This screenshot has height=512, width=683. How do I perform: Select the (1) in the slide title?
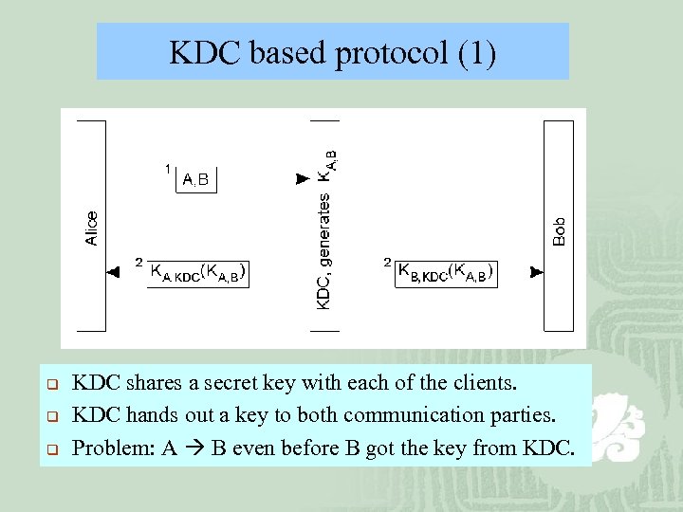(x=476, y=53)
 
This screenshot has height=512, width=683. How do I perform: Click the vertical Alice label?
(x=92, y=229)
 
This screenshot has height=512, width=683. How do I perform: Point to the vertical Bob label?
(x=560, y=231)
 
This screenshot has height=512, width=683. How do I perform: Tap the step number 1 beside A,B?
(x=168, y=169)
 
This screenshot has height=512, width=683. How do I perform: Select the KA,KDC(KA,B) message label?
(x=198, y=273)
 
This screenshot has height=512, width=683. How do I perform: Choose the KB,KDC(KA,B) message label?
(x=447, y=273)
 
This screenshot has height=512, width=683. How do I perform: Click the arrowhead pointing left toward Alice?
(x=113, y=272)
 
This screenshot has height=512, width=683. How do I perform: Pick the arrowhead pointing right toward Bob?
(x=536, y=272)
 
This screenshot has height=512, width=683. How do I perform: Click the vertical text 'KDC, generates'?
(x=323, y=251)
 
